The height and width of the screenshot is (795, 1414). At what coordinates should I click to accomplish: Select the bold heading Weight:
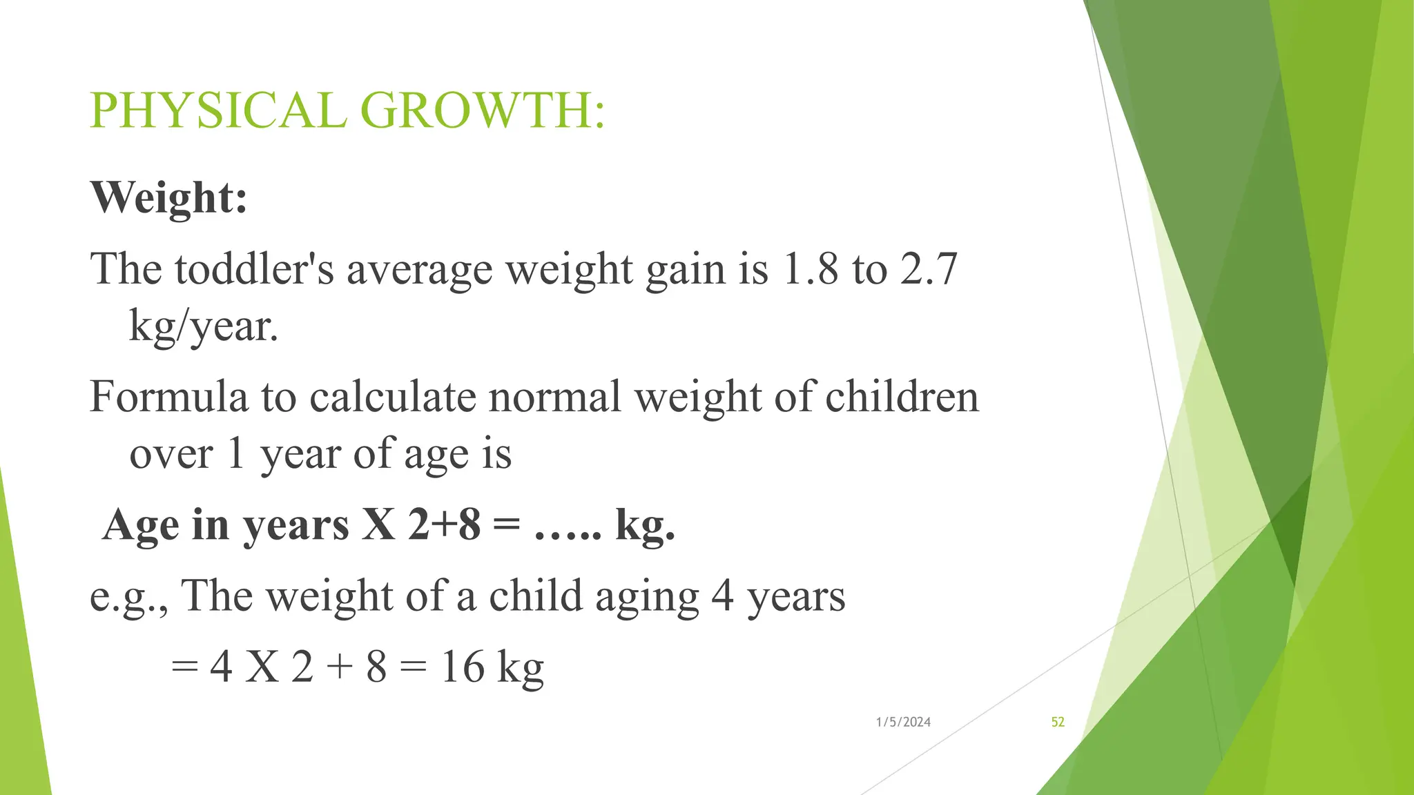[x=169, y=197]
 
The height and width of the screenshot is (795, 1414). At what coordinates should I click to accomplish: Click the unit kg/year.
[x=204, y=327]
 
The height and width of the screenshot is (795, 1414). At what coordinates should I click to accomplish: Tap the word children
[x=902, y=397]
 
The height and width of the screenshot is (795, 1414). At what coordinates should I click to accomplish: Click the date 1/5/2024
[x=903, y=722]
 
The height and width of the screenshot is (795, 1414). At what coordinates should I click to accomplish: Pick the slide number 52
[x=1058, y=722]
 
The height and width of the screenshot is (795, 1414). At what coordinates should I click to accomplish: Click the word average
[x=420, y=270]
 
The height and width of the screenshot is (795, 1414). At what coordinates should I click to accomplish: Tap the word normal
[x=555, y=397]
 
